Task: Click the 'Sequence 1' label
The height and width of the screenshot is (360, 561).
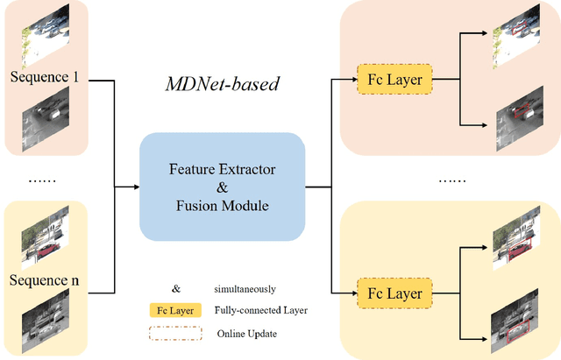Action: [x=45, y=76]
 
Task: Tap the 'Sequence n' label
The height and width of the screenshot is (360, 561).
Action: [x=45, y=280]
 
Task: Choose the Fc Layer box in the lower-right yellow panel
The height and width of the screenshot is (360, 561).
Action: [x=388, y=293]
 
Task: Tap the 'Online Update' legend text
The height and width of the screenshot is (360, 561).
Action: [x=246, y=334]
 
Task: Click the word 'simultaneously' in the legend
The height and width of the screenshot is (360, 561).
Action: [x=245, y=288]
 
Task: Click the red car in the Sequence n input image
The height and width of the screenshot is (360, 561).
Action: [x=45, y=251]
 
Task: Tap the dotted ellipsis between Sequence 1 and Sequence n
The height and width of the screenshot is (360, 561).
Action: [x=42, y=180]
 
